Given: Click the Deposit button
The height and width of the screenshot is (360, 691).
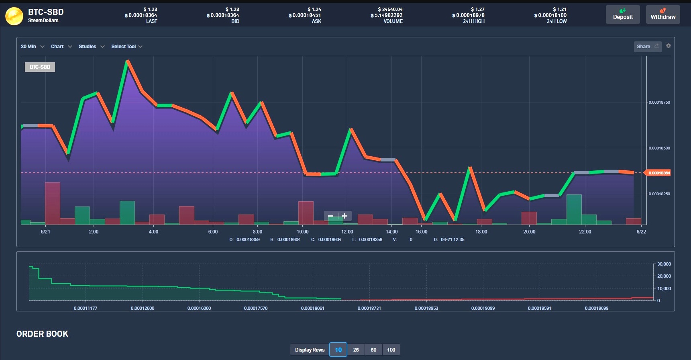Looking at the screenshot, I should [x=623, y=14].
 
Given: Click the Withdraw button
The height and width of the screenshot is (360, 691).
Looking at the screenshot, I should [x=663, y=14].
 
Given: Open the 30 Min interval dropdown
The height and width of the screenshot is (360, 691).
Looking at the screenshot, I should [x=32, y=47].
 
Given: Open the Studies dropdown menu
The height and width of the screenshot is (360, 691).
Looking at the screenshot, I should [x=91, y=47].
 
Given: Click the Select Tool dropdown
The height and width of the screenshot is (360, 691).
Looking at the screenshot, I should [x=126, y=47].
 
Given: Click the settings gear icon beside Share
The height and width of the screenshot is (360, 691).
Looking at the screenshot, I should [x=669, y=46].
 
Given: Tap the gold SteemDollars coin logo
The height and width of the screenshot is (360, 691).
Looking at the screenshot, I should [x=14, y=16].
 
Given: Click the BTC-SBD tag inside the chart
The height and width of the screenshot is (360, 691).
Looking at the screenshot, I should [x=40, y=67].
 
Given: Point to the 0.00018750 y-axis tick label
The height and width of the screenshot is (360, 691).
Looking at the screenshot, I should [x=659, y=102].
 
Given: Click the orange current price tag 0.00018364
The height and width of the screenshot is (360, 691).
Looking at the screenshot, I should [x=658, y=173].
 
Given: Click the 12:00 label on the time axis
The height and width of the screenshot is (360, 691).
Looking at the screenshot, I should [x=347, y=232].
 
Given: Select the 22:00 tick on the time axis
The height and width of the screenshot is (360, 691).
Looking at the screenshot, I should [x=585, y=232].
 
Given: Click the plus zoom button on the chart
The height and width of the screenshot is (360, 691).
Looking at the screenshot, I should [x=344, y=216].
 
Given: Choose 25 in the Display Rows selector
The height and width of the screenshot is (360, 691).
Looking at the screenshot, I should [x=356, y=350].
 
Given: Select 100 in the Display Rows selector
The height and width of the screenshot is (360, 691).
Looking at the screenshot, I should [x=391, y=350].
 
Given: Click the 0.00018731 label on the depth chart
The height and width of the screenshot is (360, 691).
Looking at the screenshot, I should [x=369, y=308].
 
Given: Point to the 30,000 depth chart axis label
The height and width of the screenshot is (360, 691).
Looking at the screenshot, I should [x=664, y=264].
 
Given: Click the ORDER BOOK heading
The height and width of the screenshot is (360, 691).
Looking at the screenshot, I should [x=42, y=334].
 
